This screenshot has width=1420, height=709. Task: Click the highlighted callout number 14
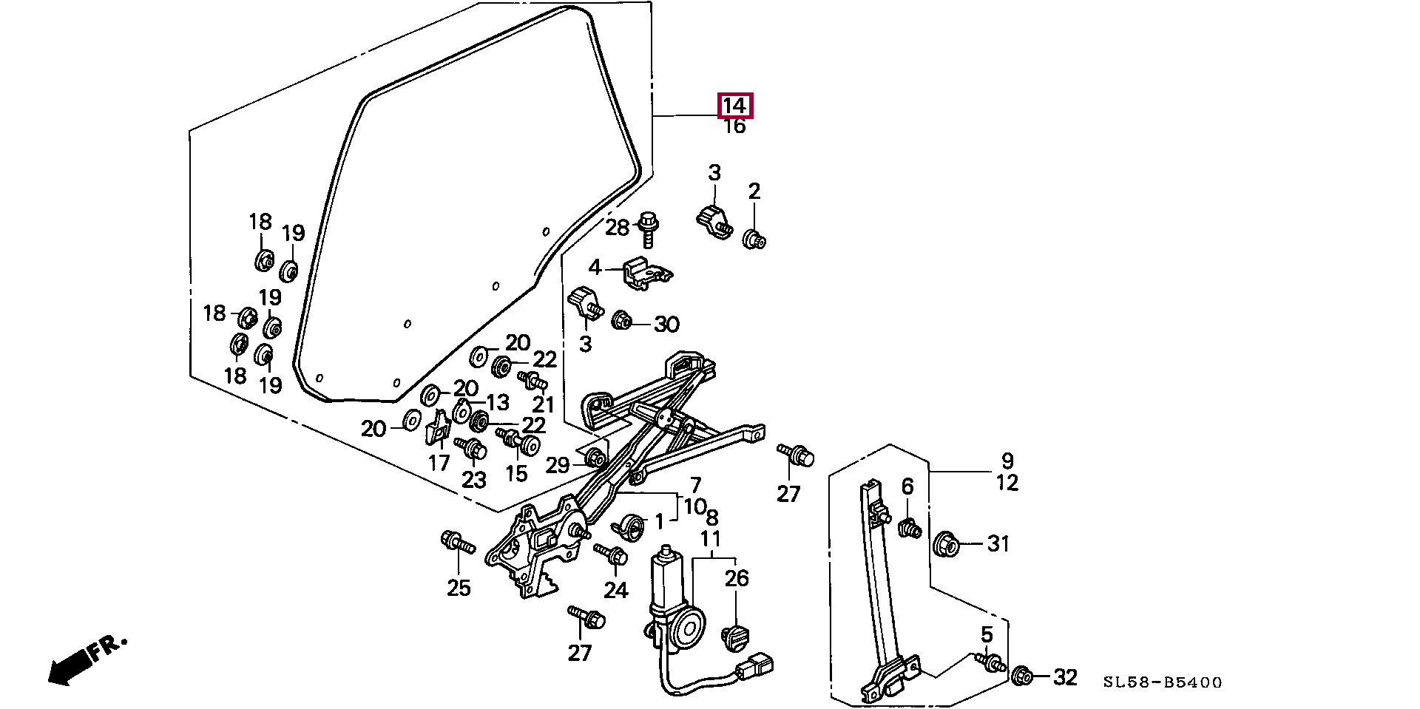coord(734,106)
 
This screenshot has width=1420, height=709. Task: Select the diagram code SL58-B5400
coord(1163,682)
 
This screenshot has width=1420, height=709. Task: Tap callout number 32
coord(1065,676)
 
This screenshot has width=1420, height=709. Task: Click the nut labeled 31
coord(947,544)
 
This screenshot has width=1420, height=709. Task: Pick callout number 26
coord(737,578)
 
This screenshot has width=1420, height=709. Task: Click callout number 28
coord(617,228)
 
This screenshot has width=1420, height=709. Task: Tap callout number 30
coord(666,324)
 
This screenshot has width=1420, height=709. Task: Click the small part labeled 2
coord(754,240)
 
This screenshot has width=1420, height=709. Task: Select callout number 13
coord(498,402)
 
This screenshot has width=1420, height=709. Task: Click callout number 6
coord(907,486)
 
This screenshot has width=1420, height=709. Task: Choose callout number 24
coord(615,590)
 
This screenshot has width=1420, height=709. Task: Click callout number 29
coord(558,465)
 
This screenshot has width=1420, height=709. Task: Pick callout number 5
coord(987,635)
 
